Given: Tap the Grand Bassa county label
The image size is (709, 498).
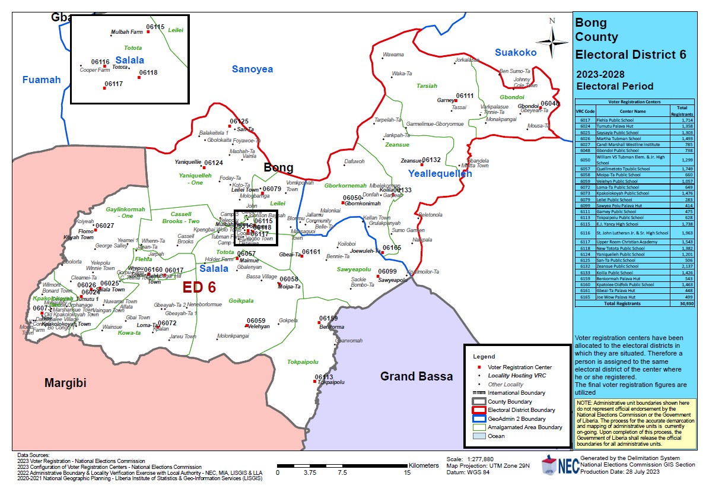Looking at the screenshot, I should point(416,376).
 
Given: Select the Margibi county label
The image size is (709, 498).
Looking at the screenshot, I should point(65,383).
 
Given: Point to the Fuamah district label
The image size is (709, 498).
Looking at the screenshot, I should point(42,80).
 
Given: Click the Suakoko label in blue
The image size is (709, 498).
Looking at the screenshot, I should point(516,53).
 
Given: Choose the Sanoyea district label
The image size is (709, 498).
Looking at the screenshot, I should point(252,69).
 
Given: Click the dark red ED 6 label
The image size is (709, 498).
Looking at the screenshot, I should point(199,287).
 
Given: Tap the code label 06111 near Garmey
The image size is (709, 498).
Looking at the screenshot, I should point(465,96).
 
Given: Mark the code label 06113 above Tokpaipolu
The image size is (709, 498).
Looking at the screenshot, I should point(324,377).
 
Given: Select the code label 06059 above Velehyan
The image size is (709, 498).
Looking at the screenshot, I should point(256,321).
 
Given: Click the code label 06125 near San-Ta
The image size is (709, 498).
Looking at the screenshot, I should point(239,121).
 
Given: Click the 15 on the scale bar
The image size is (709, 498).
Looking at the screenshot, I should point(408,473).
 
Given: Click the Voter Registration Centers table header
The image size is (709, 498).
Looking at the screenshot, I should point(634,102).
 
